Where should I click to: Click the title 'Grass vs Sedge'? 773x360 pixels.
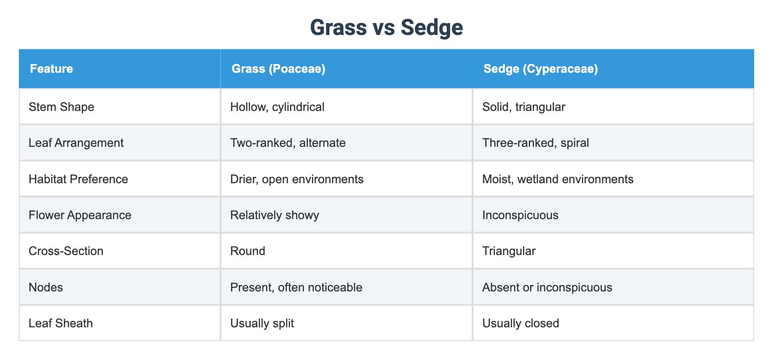tap(386, 27)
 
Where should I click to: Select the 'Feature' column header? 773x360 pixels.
tap(52, 69)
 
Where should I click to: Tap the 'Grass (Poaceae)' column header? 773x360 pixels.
tap(278, 69)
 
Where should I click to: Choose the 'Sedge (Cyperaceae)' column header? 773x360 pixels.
tap(541, 69)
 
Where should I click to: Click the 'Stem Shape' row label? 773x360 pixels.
tap(61, 107)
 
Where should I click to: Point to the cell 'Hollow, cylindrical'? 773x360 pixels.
tap(277, 107)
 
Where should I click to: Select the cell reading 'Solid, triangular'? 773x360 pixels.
tap(524, 107)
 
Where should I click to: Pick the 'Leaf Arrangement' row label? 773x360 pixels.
tap(76, 143)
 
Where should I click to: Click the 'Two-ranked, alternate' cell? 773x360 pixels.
tap(288, 143)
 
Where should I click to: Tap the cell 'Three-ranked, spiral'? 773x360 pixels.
tap(536, 143)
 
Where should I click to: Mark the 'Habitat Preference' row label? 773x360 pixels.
tap(78, 179)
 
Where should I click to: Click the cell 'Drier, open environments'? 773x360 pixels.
tap(297, 179)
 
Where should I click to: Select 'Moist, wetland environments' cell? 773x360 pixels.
tap(558, 179)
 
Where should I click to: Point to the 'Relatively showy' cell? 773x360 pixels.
tap(275, 215)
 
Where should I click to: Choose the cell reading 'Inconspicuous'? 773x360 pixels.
tap(520, 215)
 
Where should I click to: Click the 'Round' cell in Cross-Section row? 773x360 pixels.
tap(248, 251)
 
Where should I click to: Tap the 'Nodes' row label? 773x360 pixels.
tap(46, 287)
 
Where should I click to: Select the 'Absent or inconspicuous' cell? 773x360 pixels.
tap(547, 287)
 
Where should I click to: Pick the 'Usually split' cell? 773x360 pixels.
tap(262, 323)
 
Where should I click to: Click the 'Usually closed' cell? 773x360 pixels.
tap(520, 323)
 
